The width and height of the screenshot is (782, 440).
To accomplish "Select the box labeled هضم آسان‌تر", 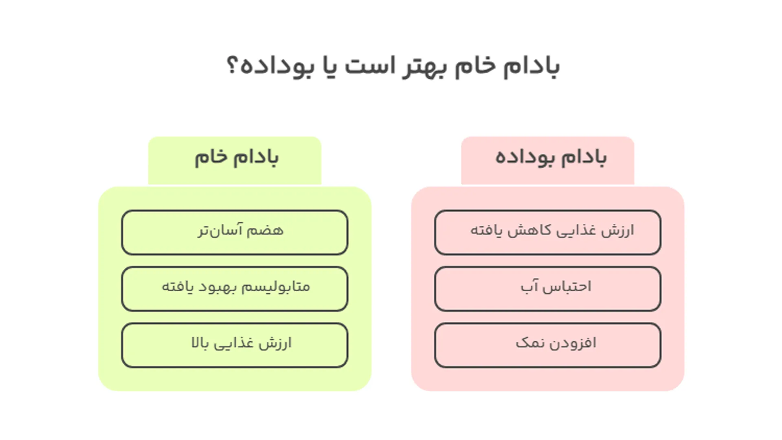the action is coord(235,233).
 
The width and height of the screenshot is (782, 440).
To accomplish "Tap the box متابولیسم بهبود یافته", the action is coord(235,289).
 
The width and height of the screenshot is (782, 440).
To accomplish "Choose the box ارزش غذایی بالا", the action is coord(235,345).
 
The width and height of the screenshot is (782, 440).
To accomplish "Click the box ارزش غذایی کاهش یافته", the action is coord(547,233).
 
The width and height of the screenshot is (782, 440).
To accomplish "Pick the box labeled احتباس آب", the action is coord(547,289).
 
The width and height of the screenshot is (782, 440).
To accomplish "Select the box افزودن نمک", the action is coord(547,345).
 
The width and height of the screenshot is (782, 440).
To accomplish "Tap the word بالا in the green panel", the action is coord(200,343).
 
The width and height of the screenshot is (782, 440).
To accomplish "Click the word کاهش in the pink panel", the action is coord(529,230).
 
